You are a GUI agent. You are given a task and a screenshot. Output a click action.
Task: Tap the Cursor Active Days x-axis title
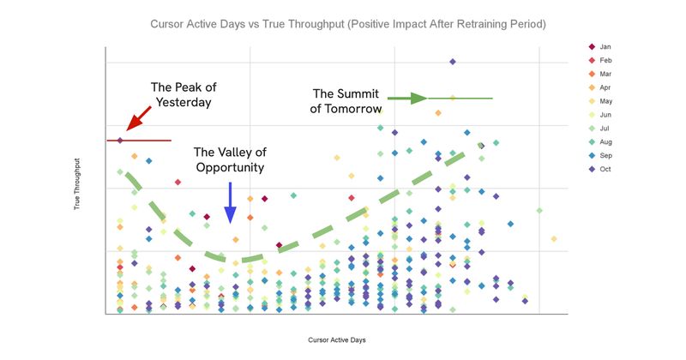pyautogui.click(x=337, y=340)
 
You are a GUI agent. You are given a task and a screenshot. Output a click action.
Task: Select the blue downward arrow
pyautogui.click(x=230, y=206)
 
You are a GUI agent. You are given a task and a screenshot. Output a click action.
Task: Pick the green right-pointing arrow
pyautogui.click(x=407, y=98)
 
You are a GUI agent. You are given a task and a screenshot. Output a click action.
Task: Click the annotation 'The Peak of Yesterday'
pyautogui.click(x=181, y=94)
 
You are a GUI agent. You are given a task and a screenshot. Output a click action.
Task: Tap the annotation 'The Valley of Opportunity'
pyautogui.click(x=229, y=159)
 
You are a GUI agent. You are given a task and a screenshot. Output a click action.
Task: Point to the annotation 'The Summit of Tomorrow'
pyautogui.click(x=346, y=100)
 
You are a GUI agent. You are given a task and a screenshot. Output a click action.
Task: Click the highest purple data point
pyautogui.click(x=452, y=62)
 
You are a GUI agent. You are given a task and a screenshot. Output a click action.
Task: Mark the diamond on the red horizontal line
pyautogui.click(x=121, y=140)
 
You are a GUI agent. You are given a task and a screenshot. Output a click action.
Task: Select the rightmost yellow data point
pyautogui.click(x=554, y=238)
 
